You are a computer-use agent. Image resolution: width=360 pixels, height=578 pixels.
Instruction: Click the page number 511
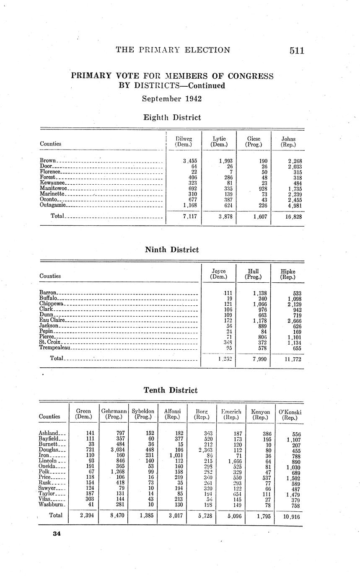[296, 51]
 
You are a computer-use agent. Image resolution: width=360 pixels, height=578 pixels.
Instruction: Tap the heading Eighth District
[172, 118]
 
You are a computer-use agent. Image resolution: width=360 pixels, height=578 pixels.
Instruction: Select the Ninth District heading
[172, 250]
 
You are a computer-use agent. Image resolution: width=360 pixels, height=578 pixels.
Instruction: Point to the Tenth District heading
[171, 390]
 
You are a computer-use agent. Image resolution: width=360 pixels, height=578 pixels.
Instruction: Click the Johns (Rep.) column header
[288, 142]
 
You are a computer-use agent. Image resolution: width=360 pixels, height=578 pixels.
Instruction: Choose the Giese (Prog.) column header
[254, 142]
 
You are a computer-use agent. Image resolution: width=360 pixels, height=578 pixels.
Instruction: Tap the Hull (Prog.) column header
[253, 274]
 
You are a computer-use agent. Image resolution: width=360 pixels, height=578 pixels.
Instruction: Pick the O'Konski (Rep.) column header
[290, 415]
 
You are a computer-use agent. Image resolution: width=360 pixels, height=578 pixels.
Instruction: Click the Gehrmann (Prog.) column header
[114, 414]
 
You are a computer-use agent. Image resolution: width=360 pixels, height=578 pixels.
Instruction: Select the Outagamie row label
[53, 205]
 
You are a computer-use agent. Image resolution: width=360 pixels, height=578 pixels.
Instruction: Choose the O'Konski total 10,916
[291, 517]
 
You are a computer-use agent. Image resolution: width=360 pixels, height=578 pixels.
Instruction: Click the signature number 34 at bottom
[57, 534]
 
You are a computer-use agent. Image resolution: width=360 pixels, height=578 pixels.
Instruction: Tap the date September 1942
[172, 99]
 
